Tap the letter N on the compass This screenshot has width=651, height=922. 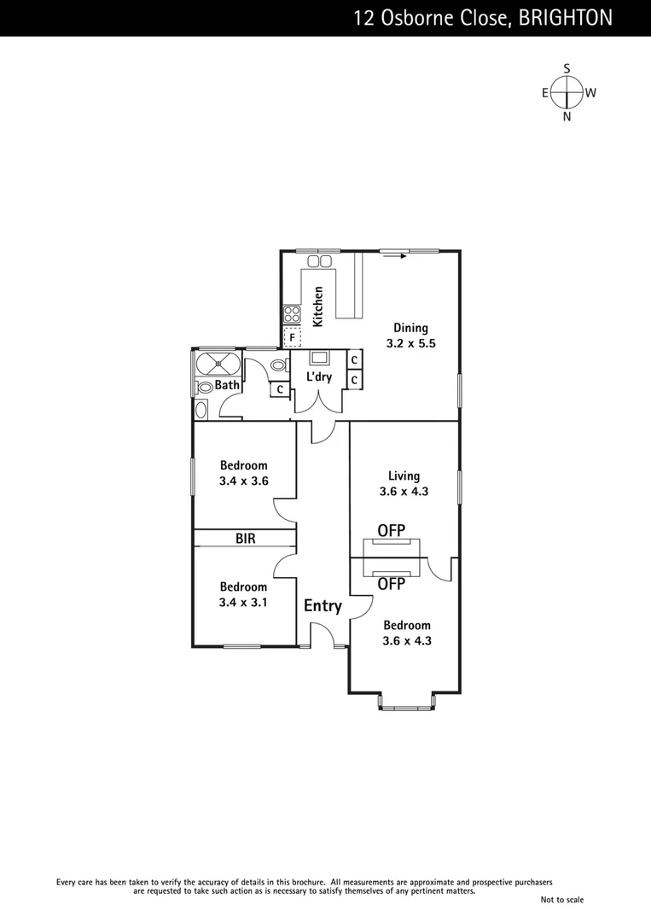(567, 117)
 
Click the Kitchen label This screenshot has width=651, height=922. (318, 306)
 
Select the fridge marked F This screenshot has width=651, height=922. (292, 337)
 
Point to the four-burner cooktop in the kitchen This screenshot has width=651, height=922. (291, 314)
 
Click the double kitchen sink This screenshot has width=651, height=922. (319, 260)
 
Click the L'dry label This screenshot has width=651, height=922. (319, 376)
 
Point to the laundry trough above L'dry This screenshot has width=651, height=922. (319, 358)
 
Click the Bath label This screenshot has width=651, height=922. (227, 385)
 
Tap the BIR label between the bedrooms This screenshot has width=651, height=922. (246, 539)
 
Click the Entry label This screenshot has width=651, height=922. (323, 606)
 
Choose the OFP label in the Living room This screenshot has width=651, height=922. (391, 530)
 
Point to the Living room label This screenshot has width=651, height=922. (404, 476)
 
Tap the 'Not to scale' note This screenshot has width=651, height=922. (561, 899)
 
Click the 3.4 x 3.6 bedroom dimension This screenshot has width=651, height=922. (244, 481)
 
